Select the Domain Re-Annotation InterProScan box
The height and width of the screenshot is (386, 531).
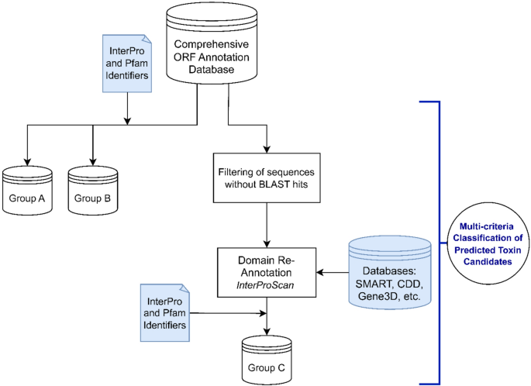[x=267, y=271]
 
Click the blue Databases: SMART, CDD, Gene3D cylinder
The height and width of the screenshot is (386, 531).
[x=389, y=271]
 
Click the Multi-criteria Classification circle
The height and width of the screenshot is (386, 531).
[x=485, y=240]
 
